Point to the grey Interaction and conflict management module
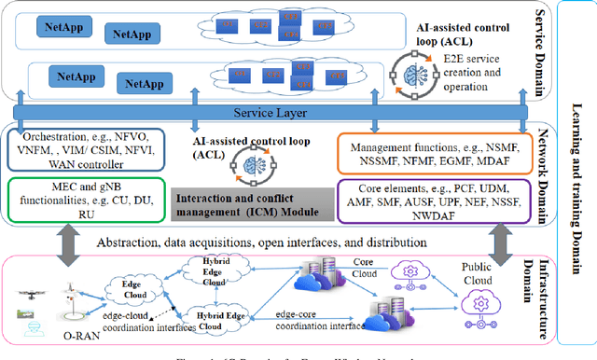coord(255,204)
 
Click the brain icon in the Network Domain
coord(254,160)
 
